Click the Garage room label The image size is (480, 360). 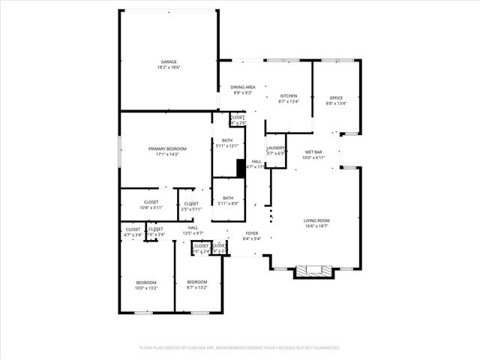tap(169, 61)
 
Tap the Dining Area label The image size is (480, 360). tap(242, 87)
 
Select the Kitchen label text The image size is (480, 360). tap(289, 96)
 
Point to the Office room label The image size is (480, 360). tap(336, 98)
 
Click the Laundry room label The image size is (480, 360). tap(275, 148)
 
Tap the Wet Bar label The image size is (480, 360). tap(313, 152)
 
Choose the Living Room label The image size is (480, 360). tap(316, 220)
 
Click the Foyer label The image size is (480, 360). tap(252, 233)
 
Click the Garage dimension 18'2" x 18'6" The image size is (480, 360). tap(169, 67)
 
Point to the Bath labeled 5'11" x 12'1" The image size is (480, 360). tap(226, 142)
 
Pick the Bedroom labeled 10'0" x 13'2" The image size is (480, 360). tap(146, 284)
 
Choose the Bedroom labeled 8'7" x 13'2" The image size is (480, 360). tap(197, 284)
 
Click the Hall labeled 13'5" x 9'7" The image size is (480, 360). tap(193, 230)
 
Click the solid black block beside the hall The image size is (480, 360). tap(241, 169)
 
